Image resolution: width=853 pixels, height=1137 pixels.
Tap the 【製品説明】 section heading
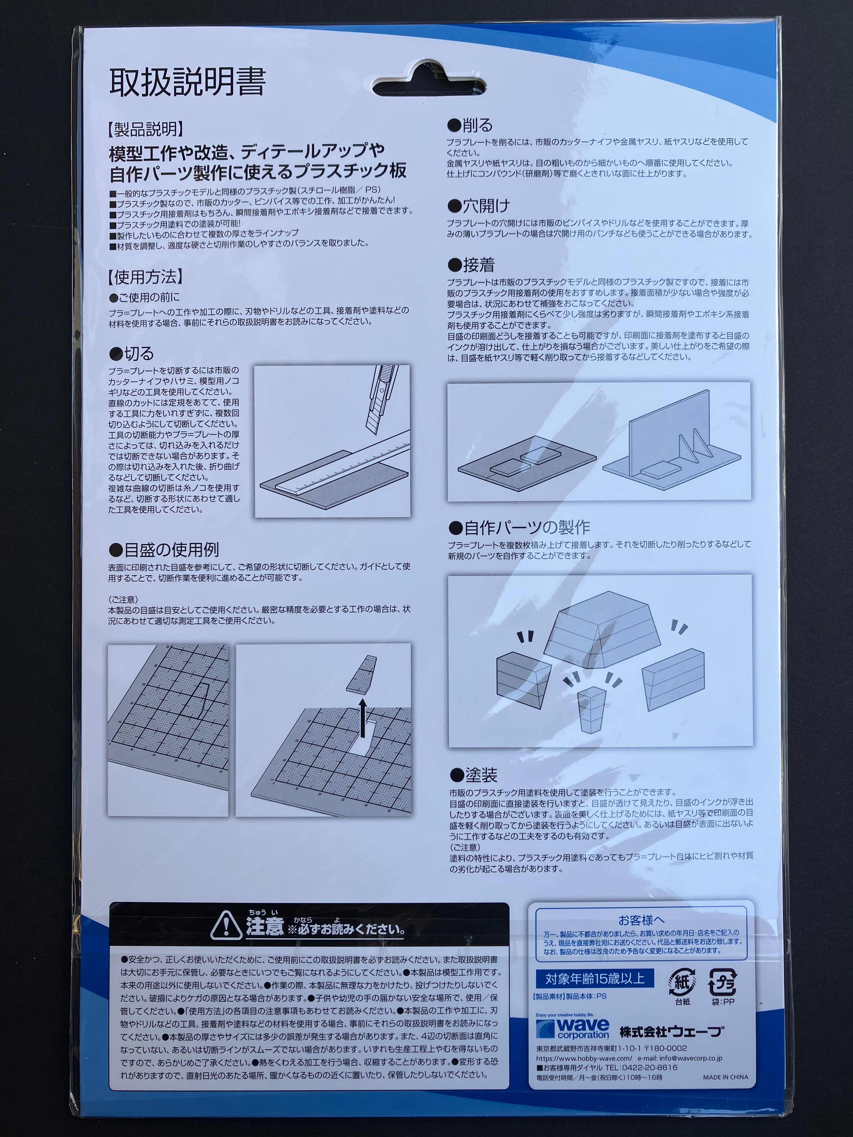[x=146, y=129]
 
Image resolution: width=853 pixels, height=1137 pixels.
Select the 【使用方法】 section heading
[x=146, y=277]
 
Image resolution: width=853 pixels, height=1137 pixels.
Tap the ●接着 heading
[x=471, y=265]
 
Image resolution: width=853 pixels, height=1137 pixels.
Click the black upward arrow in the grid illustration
[x=363, y=712]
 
